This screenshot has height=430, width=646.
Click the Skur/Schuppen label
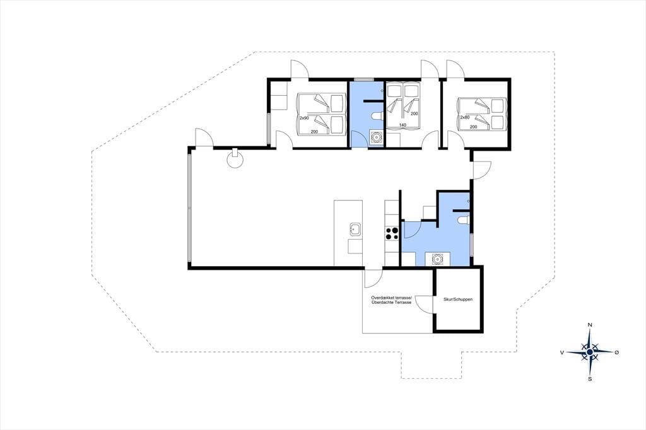click(458, 299)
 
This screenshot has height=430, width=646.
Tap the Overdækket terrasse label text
click(391, 298)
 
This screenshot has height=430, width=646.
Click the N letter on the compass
click(590, 325)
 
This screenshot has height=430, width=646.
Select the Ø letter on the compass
click(617, 352)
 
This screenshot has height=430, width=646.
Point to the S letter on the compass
click(590, 379)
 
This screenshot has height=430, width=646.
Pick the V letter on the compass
click(562, 352)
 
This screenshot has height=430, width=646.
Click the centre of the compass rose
click(590, 352)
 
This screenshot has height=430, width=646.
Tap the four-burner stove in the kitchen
click(391, 233)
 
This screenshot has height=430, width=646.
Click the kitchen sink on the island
click(355, 229)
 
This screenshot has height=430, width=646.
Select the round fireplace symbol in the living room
click(235, 159)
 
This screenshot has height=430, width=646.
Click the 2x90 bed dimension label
click(304, 118)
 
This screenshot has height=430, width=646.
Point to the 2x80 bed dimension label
click(465, 117)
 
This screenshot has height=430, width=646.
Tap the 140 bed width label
click(402, 125)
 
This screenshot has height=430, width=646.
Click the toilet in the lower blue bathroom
click(464, 220)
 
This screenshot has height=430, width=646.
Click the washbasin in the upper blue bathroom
click(376, 137)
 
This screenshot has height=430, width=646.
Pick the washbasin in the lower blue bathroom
click(437, 259)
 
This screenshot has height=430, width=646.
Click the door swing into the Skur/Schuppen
click(425, 304)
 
